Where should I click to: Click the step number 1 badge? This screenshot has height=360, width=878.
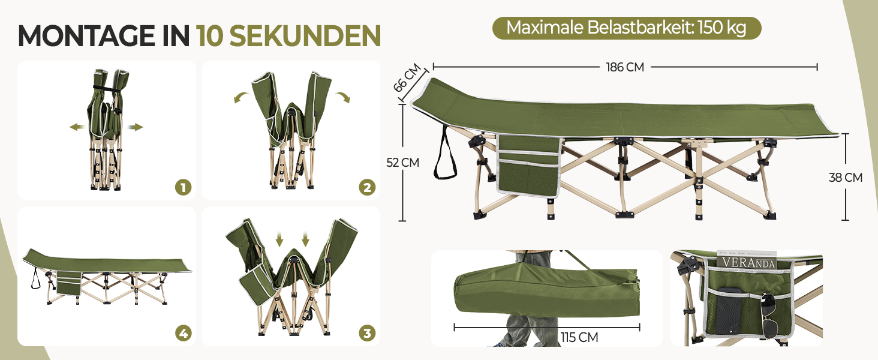[183, 187]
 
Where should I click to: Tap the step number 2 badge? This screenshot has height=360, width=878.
[367, 187]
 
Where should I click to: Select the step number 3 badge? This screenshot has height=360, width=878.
[367, 334]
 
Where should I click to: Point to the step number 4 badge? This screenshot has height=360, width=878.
[183, 334]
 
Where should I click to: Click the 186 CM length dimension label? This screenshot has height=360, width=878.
[625, 67]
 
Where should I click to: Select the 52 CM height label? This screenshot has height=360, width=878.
[402, 163]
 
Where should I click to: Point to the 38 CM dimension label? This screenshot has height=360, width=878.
[846, 178]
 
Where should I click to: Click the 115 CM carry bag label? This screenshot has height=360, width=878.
[579, 337]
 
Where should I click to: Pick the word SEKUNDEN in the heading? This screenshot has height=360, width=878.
[305, 36]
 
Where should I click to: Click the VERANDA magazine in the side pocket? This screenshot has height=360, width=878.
[747, 260]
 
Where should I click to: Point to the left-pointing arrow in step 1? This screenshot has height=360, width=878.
[78, 127]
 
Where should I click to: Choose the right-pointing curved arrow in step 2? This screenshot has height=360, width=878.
[342, 97]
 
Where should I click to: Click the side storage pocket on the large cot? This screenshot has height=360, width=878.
[529, 165]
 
